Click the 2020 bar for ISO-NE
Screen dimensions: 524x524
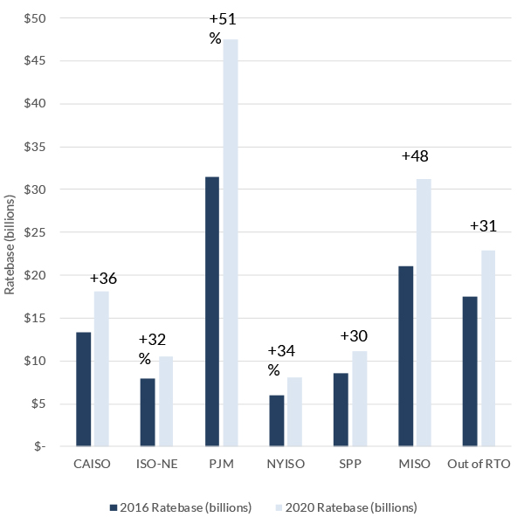tap(166, 401)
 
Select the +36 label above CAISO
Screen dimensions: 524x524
tap(103, 279)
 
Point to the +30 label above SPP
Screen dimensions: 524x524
tap(355, 336)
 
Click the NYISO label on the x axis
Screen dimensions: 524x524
tap(286, 464)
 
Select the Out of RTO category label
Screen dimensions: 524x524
tap(479, 464)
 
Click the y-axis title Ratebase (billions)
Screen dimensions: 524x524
tap(10, 231)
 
